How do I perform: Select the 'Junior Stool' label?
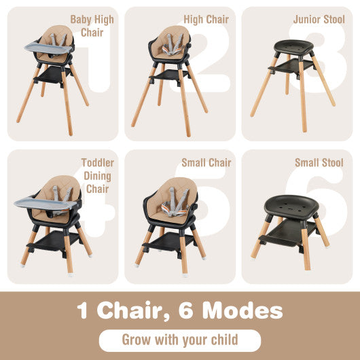coord(319,19)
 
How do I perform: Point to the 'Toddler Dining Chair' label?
coord(97,175)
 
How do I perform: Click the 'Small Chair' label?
coord(206,163)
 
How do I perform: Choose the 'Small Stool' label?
coord(319,163)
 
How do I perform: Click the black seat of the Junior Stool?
coord(292,47)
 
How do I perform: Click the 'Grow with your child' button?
coord(180,340)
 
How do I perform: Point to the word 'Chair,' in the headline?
coord(133,310)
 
